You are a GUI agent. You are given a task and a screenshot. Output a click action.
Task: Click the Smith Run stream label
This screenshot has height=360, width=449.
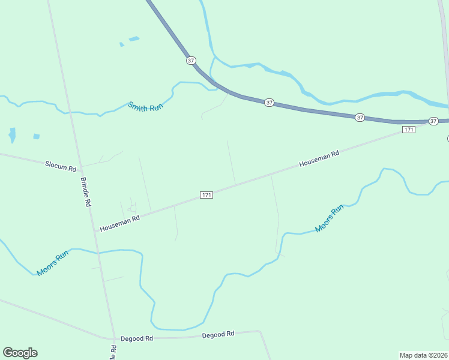coord(146,107)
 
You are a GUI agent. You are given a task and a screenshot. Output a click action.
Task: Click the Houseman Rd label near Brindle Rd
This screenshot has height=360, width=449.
coord(119,224)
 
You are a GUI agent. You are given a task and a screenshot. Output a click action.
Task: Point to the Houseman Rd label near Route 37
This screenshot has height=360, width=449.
coord(319,158)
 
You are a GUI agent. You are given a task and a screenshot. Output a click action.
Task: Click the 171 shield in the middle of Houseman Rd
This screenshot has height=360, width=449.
coord(206,195)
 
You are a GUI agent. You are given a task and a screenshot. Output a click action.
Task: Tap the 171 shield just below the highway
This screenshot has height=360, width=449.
coord(408,130)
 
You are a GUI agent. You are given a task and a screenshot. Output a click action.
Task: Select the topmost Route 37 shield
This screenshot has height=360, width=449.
coord(191,61)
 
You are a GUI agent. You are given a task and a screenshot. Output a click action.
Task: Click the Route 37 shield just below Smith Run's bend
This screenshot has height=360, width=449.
coord(269,103)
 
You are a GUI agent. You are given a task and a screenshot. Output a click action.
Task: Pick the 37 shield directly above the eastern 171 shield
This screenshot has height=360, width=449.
coord(360,118)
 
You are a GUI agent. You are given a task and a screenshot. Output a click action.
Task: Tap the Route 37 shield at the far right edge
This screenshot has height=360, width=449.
coord(433,121)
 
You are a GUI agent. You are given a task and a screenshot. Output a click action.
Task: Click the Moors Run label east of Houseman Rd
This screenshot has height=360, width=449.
coord(330,218)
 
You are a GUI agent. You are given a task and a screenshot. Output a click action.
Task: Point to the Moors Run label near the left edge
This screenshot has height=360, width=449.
coord(53,263)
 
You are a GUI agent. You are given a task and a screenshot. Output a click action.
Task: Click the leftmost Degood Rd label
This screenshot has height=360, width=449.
coord(137,338)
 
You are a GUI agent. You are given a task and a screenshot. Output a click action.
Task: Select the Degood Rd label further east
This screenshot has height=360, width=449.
coord(218,334)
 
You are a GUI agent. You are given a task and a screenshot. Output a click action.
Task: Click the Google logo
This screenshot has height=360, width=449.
coord(20,353)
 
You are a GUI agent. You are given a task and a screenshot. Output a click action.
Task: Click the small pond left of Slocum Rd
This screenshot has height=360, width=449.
coord(12,135)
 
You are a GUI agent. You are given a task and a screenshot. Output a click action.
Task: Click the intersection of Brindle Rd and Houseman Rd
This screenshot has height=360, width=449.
coord(95,230)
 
